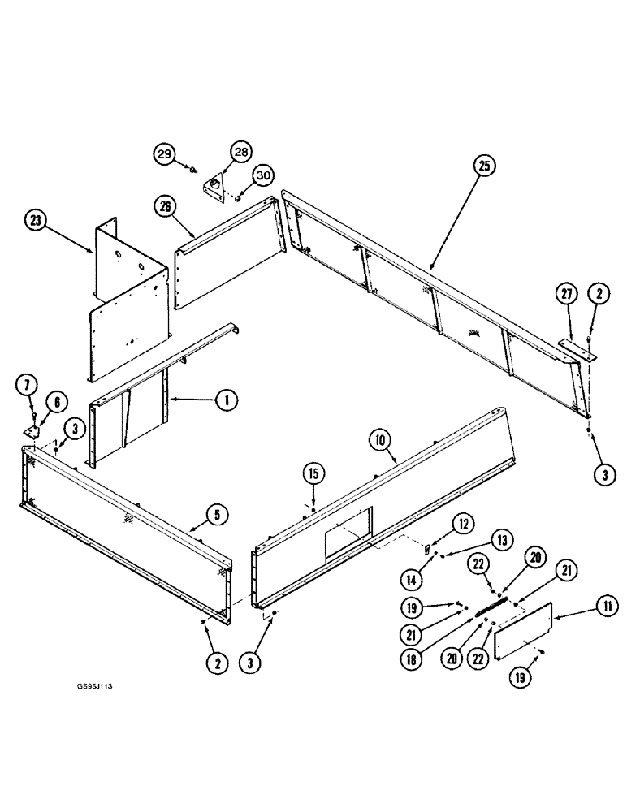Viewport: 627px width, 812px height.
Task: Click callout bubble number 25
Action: coord(484,166)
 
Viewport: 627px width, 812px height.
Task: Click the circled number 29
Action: coord(165,153)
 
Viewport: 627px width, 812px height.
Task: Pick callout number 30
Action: coord(262,175)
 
